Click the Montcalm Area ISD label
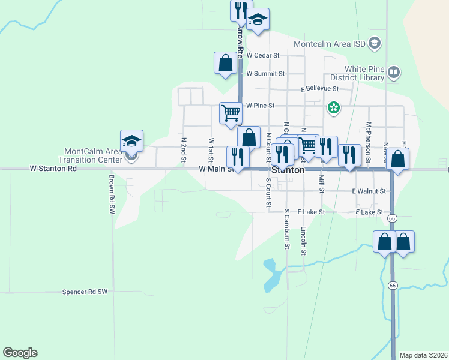[x=330, y=43]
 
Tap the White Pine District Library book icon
[x=394, y=73]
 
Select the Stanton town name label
[x=289, y=170]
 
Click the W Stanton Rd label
[x=53, y=169]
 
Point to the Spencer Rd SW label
[x=84, y=292]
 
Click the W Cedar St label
[x=263, y=55]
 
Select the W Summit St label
[x=265, y=74]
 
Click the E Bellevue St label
[x=320, y=89]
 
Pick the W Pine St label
[x=260, y=106]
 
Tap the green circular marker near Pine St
[x=334, y=109]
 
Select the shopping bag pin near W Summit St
[x=226, y=63]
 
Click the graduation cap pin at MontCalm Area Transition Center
[x=131, y=142]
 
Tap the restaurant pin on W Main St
[x=238, y=157]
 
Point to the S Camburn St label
[x=288, y=230]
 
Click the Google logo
[x=20, y=353]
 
